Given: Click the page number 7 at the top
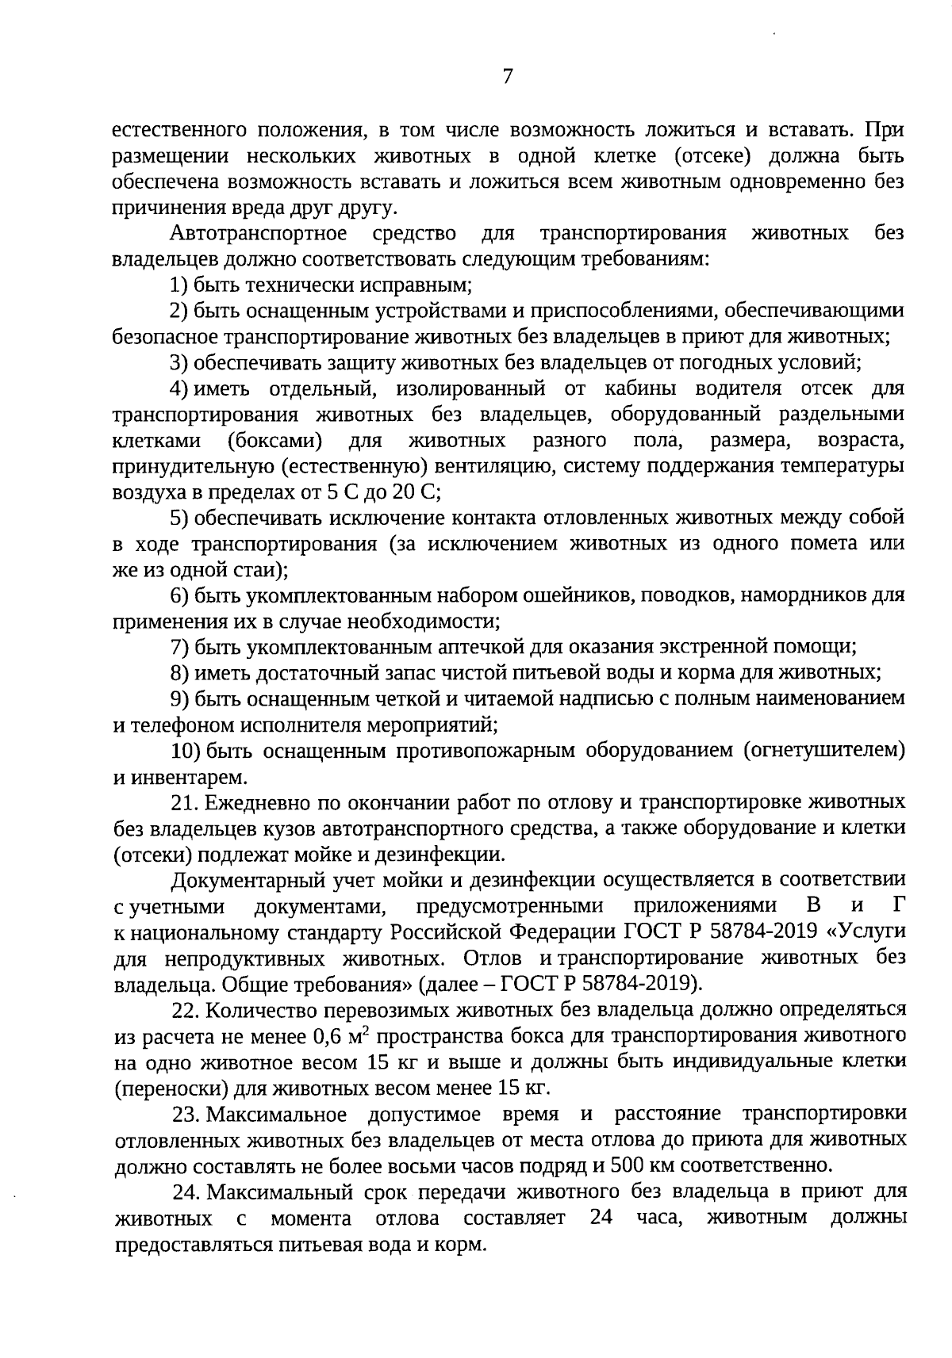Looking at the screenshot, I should (507, 77).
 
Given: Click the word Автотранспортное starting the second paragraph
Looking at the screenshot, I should (259, 234).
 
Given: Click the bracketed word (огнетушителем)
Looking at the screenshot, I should (824, 750).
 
